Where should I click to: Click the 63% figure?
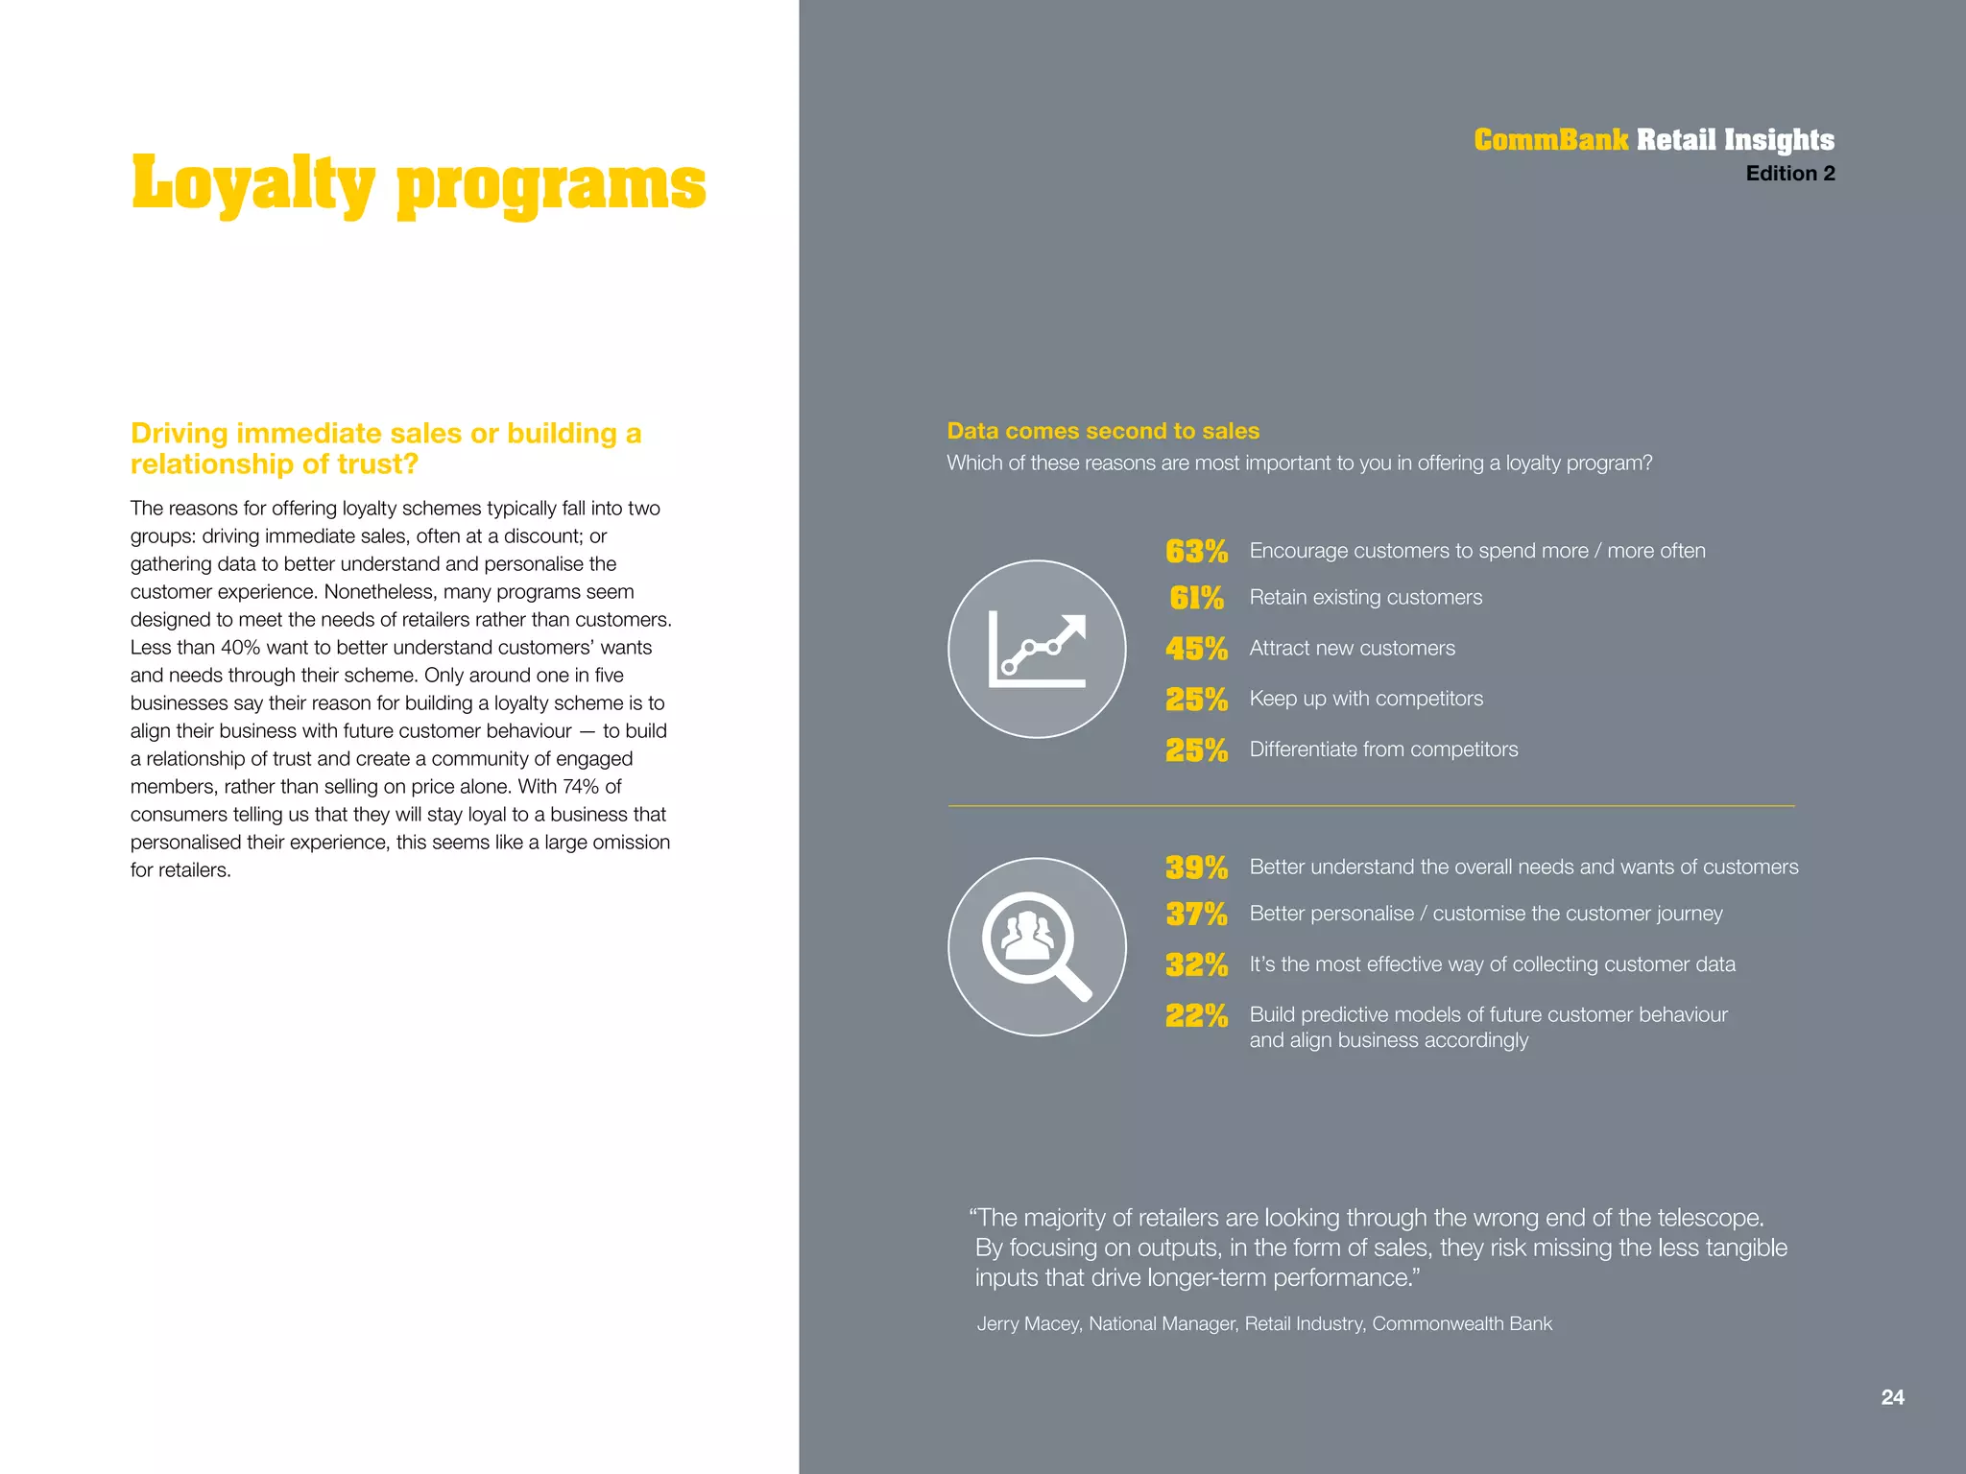pyautogui.click(x=1196, y=552)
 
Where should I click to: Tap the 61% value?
pyautogui.click(x=1196, y=598)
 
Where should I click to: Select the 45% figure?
pyautogui.click(x=1196, y=649)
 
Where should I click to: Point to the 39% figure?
pyautogui.click(x=1196, y=868)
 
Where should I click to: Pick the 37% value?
pyautogui.click(x=1196, y=914)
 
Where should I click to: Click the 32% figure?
pyautogui.click(x=1196, y=964)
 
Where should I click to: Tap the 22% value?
pyautogui.click(x=1196, y=1015)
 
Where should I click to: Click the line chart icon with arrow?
pyautogui.click(x=1037, y=650)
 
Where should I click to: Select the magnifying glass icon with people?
pyautogui.click(x=1037, y=947)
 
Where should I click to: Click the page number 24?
pyautogui.click(x=1892, y=1397)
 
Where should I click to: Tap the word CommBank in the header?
pyautogui.click(x=1550, y=140)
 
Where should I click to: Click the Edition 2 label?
pyautogui.click(x=1789, y=174)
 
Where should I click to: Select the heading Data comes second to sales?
pyautogui.click(x=1103, y=431)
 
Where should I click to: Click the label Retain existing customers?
pyautogui.click(x=1365, y=597)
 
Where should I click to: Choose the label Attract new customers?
pyautogui.click(x=1352, y=648)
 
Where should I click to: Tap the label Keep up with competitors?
pyautogui.click(x=1366, y=699)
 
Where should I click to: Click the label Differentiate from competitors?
pyautogui.click(x=1383, y=749)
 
